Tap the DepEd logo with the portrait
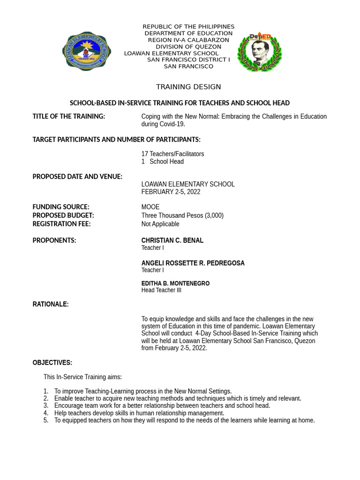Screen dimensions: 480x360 coord(259,52)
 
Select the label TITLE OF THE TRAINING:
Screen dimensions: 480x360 coord(68,116)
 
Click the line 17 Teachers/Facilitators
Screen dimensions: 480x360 coord(172,154)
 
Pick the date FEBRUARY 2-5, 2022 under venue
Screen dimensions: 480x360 coord(171,192)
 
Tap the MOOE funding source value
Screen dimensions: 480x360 coord(150,207)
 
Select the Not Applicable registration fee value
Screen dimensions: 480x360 coord(160,224)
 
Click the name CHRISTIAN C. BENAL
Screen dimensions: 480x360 coord(172,240)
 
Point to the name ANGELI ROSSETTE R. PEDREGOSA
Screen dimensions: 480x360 coord(193,263)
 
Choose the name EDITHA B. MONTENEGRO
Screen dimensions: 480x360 coord(175,284)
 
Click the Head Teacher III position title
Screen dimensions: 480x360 coord(161,290)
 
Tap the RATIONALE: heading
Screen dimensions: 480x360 coord(51,304)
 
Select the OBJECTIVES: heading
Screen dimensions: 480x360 coord(52,362)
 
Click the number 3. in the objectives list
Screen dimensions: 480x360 coord(46,405)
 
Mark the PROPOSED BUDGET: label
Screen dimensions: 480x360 coord(63,215)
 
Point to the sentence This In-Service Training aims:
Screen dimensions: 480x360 coord(82,376)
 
